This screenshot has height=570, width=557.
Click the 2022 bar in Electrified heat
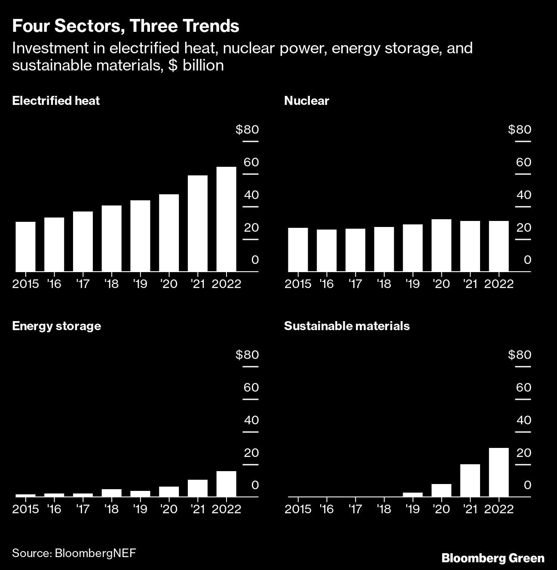tap(226, 219)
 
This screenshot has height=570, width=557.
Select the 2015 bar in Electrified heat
tap(25, 247)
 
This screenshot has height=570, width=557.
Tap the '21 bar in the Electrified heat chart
tap(198, 224)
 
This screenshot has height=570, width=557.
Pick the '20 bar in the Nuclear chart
tap(441, 245)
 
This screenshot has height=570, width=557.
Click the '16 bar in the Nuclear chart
tap(327, 251)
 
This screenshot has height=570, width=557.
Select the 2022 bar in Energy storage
tap(226, 484)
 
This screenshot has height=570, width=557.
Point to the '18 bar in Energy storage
tap(111, 493)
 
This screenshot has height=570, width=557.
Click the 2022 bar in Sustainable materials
tap(499, 472)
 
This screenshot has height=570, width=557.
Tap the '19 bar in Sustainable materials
tap(413, 495)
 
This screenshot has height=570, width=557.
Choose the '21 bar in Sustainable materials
tap(470, 481)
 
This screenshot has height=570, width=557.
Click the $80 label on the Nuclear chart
tap(519, 129)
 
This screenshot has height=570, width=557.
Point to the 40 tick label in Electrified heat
tap(251, 195)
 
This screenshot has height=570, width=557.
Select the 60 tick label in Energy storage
tap(251, 388)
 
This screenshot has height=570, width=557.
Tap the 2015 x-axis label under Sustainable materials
tap(298, 509)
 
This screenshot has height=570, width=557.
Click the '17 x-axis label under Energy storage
tap(83, 509)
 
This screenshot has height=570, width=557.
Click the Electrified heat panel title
tap(56, 101)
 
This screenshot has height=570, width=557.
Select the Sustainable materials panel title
tap(347, 326)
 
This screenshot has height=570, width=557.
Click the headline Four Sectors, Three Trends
tap(125, 26)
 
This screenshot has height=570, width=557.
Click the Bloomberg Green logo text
tap(493, 558)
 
